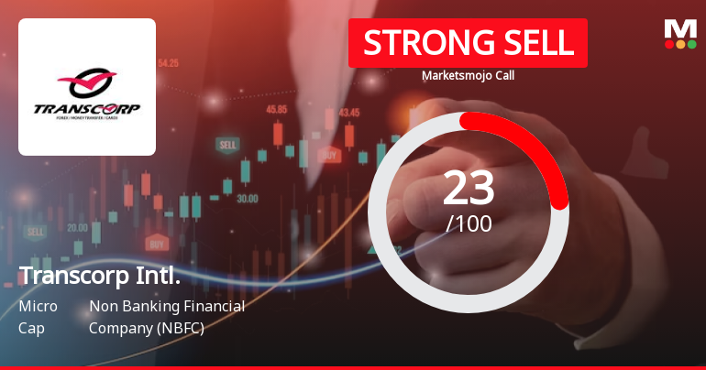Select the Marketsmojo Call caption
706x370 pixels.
tap(468, 75)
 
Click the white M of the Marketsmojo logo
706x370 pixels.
tap(679, 28)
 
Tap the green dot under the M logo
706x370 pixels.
tap(691, 44)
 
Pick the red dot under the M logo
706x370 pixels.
tap(668, 44)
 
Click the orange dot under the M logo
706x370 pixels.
tap(680, 44)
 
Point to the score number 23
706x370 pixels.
tap(469, 188)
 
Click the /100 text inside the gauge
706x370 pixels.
tap(469, 223)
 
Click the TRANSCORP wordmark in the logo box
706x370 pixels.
tap(87, 109)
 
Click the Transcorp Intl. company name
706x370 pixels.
tap(99, 276)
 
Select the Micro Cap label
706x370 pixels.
tap(38, 317)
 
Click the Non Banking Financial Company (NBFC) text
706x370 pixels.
tap(166, 317)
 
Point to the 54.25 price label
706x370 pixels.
tap(168, 63)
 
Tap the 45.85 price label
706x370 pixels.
tap(277, 109)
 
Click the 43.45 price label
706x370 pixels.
tap(349, 112)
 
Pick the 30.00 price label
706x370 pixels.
tap(247, 198)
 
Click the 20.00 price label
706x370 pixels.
tap(77, 227)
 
